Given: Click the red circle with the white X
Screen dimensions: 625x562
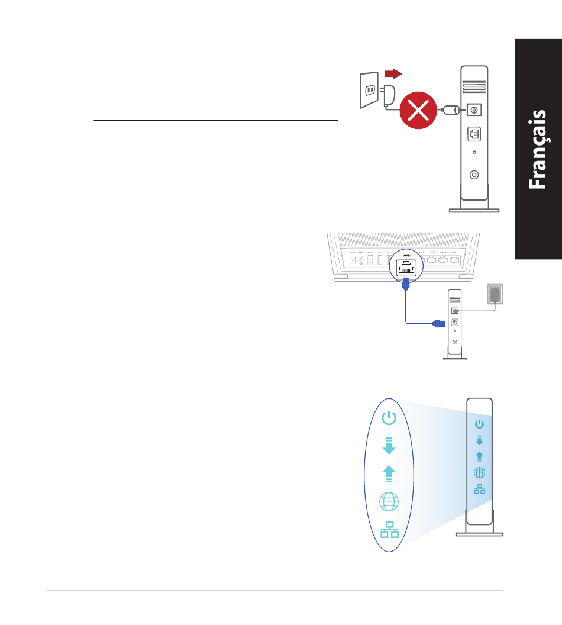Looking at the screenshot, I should tap(419, 110).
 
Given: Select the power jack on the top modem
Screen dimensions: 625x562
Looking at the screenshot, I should tap(474, 109).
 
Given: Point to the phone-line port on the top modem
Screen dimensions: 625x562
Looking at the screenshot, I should tap(474, 134).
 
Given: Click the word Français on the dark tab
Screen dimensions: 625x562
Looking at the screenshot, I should tap(538, 149).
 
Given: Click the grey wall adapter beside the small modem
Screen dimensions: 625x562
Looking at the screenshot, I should tap(495, 294).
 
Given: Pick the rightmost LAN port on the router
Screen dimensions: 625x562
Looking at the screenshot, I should tap(455, 259).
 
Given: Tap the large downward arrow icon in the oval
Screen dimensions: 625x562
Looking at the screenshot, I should tap(389, 445).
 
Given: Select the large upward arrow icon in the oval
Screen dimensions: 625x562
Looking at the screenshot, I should tap(389, 473).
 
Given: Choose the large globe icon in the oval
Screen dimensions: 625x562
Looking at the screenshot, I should tap(389, 502).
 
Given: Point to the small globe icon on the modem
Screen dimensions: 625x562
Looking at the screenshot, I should tap(479, 472).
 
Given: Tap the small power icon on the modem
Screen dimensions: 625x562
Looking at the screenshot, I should tap(479, 424).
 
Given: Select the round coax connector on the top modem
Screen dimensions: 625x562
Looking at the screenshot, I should tap(474, 175).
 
